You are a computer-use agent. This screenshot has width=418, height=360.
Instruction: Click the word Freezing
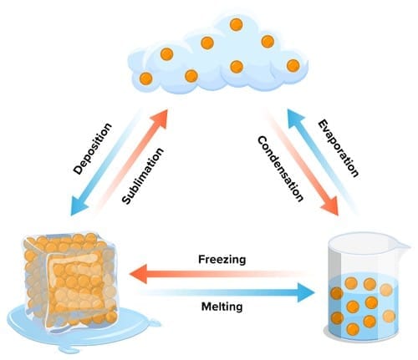pos(222,259)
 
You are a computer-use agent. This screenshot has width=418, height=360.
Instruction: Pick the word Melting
pos(222,307)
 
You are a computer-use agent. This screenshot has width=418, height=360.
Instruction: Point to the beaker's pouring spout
pos(405,246)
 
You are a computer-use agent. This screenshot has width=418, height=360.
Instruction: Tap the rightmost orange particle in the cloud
pos(293,65)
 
